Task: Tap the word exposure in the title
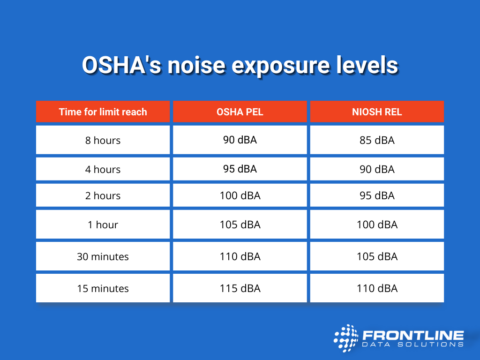tap(290, 66)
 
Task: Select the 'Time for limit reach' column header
tap(103, 111)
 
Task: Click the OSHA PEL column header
tap(240, 111)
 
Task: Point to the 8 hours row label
tap(103, 140)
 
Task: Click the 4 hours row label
tap(103, 169)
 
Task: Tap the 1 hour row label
tap(103, 225)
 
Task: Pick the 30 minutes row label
tap(103, 256)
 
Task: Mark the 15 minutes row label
tap(103, 288)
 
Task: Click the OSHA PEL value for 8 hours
tap(240, 140)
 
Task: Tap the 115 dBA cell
tap(240, 288)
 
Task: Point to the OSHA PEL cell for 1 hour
tap(240, 225)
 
